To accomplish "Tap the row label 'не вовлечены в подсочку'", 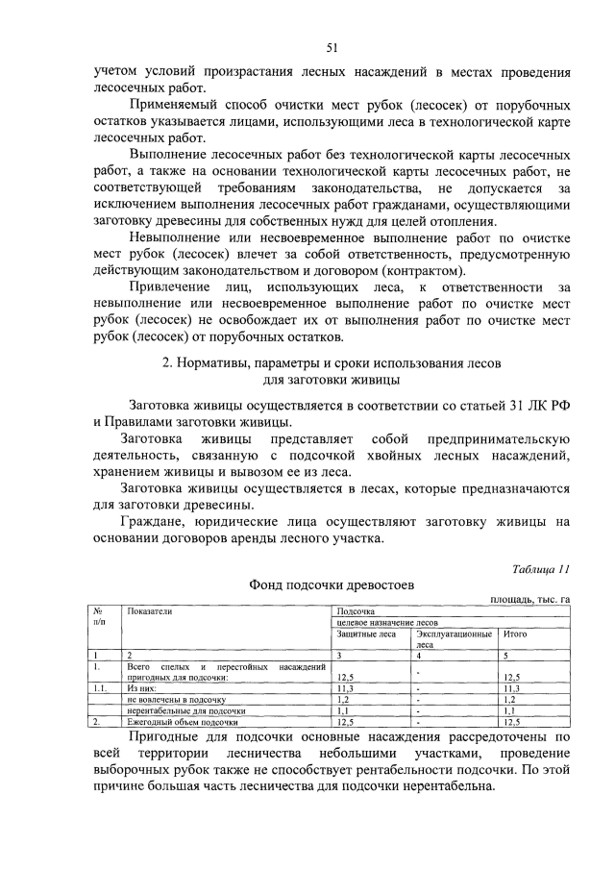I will [175, 700].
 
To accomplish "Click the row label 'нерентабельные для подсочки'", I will [182, 710].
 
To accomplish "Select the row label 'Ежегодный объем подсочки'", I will [182, 721].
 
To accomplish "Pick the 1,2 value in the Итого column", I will [511, 700].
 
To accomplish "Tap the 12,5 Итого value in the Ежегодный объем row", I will [513, 721].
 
